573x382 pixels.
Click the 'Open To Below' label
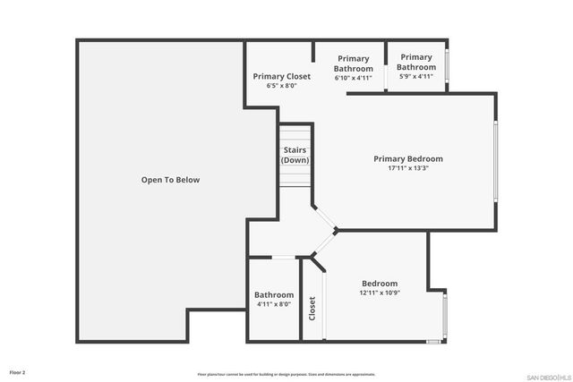pyautogui.click(x=170, y=180)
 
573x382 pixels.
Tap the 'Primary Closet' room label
pyautogui.click(x=281, y=77)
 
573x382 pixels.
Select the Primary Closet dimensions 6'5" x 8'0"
pyautogui.click(x=281, y=86)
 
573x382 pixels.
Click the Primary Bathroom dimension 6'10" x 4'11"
pyautogui.click(x=353, y=78)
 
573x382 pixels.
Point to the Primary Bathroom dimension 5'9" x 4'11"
pyautogui.click(x=416, y=76)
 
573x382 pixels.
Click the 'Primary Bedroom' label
pyautogui.click(x=408, y=159)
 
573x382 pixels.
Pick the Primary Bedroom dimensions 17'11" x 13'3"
pyautogui.click(x=408, y=168)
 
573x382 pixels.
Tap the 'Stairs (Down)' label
pyautogui.click(x=295, y=155)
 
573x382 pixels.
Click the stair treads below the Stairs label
pyautogui.click(x=295, y=177)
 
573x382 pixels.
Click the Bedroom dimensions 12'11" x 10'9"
pyautogui.click(x=380, y=293)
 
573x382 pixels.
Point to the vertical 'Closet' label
pyautogui.click(x=312, y=309)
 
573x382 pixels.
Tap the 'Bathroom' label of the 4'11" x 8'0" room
pyautogui.click(x=274, y=295)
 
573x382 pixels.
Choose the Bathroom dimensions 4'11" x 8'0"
pyautogui.click(x=274, y=304)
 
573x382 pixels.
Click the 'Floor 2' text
pyautogui.click(x=18, y=371)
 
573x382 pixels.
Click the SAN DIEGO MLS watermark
pyautogui.click(x=546, y=375)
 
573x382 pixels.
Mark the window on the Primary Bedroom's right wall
pyautogui.click(x=495, y=161)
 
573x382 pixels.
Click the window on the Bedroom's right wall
pyautogui.click(x=445, y=316)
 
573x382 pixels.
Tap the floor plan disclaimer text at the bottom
pyautogui.click(x=286, y=375)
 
